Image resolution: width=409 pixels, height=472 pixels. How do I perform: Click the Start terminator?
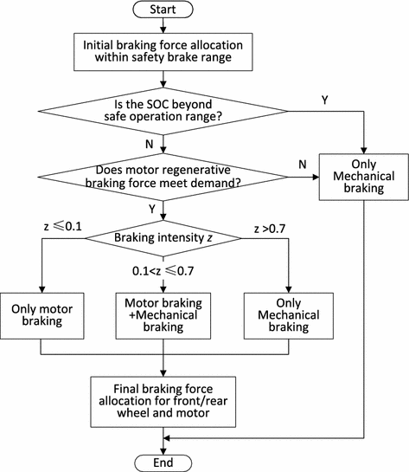point(163,10)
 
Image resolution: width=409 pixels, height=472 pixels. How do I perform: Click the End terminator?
point(163,461)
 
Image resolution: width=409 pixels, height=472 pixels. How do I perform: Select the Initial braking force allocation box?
point(163,52)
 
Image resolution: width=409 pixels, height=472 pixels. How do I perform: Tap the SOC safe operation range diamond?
point(163,113)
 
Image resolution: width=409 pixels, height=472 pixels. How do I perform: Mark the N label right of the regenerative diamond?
point(301,164)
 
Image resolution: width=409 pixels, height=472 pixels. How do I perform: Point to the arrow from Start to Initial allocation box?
point(163,27)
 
